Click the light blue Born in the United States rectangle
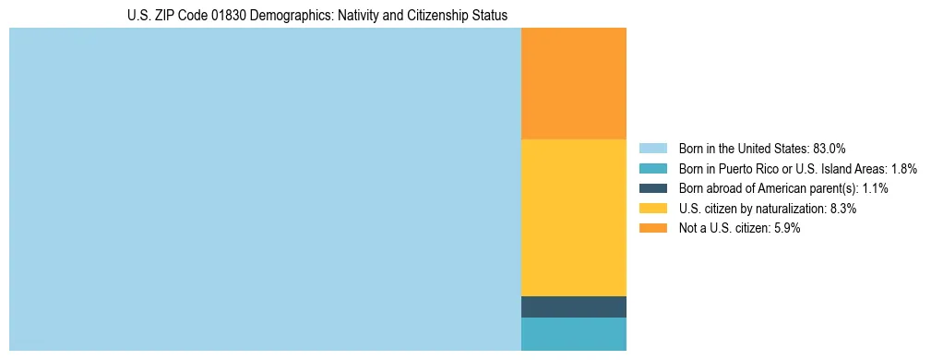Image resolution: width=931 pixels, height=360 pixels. pyautogui.click(x=265, y=189)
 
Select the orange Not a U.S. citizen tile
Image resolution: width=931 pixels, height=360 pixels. pyautogui.click(x=574, y=83)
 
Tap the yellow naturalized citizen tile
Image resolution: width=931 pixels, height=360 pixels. pyautogui.click(x=574, y=217)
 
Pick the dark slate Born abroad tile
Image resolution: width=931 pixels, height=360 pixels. pyautogui.click(x=574, y=306)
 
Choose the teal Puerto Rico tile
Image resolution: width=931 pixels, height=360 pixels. pyautogui.click(x=574, y=334)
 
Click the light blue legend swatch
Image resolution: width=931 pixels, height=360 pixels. pyautogui.click(x=652, y=149)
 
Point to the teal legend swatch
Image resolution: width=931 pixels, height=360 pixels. pyautogui.click(x=652, y=169)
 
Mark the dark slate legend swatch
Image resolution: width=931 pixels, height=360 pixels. pyautogui.click(x=652, y=188)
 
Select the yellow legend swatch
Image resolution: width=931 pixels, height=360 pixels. pyautogui.click(x=652, y=209)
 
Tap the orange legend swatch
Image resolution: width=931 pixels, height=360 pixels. pyautogui.click(x=652, y=229)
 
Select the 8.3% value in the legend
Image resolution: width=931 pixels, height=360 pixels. pyautogui.click(x=841, y=209)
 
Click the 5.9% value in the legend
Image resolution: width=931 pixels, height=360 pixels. pyautogui.click(x=784, y=229)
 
